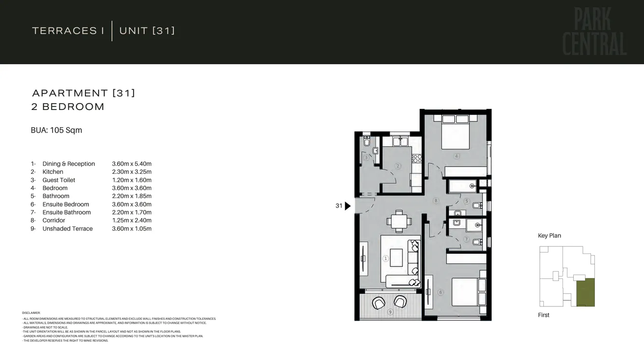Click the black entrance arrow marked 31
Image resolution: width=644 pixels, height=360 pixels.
(x=348, y=206)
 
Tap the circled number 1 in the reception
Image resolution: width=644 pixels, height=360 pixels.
(x=386, y=258)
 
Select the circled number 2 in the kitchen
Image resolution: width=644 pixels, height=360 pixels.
(x=398, y=166)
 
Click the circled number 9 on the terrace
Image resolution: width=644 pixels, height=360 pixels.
(x=390, y=312)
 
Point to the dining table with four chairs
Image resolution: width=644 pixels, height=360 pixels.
(x=399, y=221)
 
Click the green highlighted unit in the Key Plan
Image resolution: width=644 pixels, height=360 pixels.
(x=585, y=292)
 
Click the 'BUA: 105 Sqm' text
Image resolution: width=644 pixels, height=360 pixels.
(x=56, y=130)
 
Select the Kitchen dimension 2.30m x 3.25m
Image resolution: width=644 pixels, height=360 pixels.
(x=132, y=172)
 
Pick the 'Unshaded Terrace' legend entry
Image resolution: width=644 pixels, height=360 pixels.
(x=67, y=228)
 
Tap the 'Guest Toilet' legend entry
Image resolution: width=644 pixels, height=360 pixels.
(x=59, y=180)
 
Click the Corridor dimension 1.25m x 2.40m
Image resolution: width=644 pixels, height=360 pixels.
(x=132, y=221)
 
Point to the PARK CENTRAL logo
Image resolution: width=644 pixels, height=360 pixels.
(x=594, y=32)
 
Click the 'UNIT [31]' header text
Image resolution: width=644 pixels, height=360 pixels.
(x=147, y=31)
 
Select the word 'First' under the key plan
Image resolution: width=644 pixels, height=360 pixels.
(x=543, y=315)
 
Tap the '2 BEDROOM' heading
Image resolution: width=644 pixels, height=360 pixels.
(x=68, y=107)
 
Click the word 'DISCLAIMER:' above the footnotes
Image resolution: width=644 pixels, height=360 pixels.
(x=31, y=313)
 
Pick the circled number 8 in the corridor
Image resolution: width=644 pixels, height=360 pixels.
(x=435, y=200)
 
